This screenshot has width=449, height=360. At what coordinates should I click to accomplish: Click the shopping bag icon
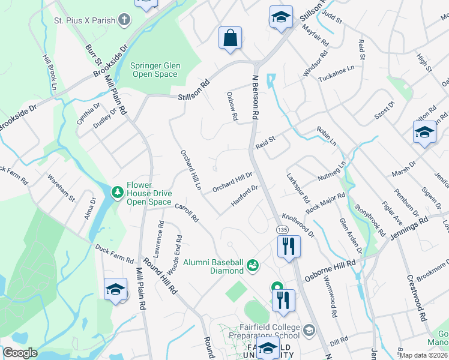(230, 38)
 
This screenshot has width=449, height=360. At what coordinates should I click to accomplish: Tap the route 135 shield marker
(281, 230)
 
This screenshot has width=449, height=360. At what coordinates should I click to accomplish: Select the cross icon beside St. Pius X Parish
(125, 20)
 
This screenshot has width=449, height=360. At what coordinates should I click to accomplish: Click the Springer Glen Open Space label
(155, 70)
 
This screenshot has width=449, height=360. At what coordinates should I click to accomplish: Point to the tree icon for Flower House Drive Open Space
(118, 191)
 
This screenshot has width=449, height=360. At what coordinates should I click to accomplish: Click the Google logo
(20, 353)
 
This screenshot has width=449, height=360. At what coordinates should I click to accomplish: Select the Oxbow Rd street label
(232, 106)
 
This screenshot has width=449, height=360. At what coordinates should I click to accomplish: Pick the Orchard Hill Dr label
(232, 182)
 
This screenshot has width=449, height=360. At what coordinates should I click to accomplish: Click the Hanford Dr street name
(245, 197)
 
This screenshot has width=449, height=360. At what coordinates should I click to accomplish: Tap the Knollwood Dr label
(298, 226)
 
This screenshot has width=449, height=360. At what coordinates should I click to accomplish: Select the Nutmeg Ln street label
(332, 171)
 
